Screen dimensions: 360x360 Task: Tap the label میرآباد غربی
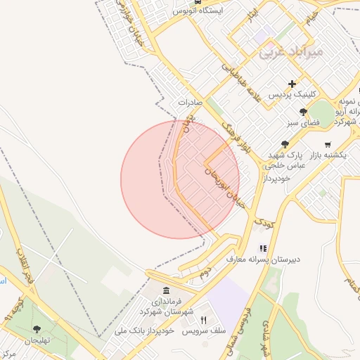pyautogui.click(x=290, y=51)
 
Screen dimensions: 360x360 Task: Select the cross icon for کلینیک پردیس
pyautogui.click(x=292, y=84)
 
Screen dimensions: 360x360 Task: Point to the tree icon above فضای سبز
pyautogui.click(x=303, y=111)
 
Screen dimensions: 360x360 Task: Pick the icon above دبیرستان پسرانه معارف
pyautogui.click(x=263, y=248)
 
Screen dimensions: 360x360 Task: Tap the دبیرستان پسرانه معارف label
pyautogui.click(x=263, y=259)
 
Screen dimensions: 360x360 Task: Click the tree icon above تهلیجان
pyautogui.click(x=37, y=328)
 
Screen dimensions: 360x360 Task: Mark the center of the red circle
pyautogui.click(x=180, y=179)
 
